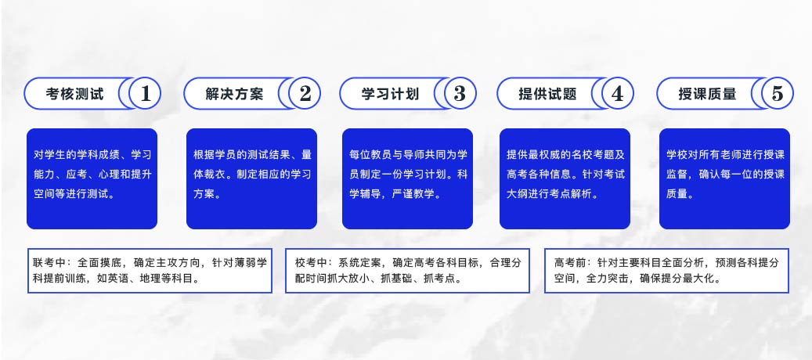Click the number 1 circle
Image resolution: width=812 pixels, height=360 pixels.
coord(145,94)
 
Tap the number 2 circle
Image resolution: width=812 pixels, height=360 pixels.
coord(305,94)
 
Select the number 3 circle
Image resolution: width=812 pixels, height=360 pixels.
coord(460,94)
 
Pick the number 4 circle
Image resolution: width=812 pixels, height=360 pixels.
coord(617,94)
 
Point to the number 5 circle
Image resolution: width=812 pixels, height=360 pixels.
coord(778,94)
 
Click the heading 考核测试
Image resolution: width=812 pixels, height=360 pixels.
coord(74,94)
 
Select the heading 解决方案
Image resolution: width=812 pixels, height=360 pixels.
coord(235,94)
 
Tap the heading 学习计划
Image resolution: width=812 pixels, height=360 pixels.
coord(390,94)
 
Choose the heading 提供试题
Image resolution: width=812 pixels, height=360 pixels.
coord(547,94)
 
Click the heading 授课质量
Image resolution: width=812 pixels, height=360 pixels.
coord(707,94)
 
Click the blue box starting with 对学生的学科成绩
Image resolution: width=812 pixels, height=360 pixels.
coord(92,178)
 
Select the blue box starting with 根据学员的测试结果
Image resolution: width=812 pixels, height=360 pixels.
coord(251,178)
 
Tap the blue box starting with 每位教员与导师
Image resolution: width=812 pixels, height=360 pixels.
coord(407,178)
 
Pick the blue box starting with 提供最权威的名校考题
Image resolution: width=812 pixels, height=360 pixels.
coord(565,178)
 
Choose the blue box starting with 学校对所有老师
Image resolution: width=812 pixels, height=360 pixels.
coord(724,178)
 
